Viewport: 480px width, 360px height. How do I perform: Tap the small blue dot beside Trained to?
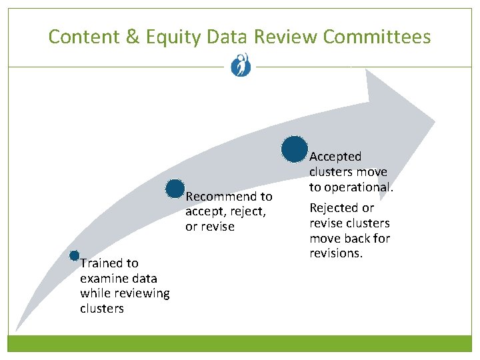75,256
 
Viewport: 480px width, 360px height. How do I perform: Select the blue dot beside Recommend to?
175,189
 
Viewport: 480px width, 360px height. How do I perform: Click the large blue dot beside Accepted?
294,149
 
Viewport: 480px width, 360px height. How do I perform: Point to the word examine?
103,279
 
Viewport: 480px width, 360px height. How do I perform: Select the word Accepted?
335,157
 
